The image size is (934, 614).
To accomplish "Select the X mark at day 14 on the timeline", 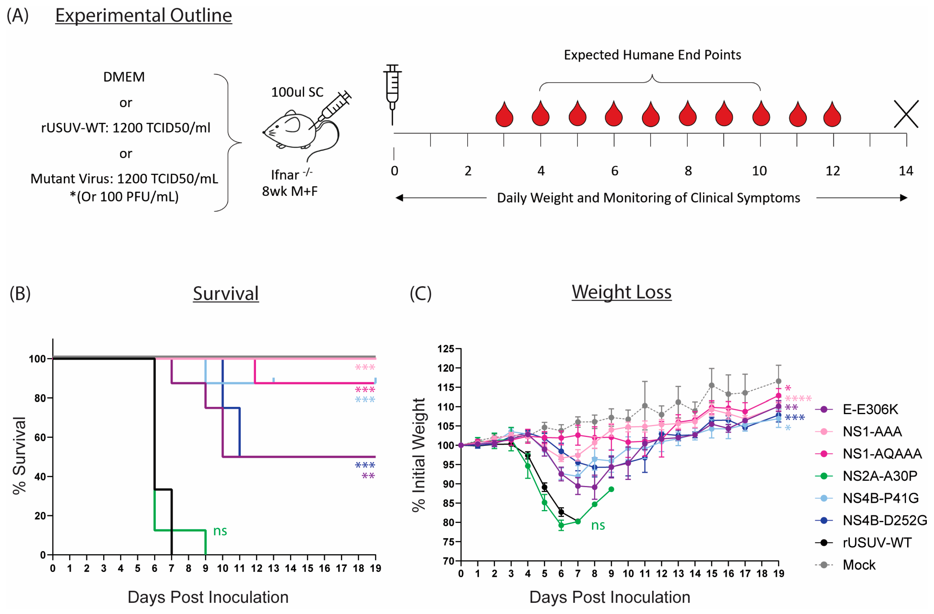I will pos(906,114).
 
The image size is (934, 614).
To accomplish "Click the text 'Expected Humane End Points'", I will pos(652,55).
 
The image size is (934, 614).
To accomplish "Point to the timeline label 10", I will pos(759,171).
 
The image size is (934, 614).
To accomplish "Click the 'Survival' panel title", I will pos(226,293).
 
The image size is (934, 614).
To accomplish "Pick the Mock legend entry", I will pos(859,565).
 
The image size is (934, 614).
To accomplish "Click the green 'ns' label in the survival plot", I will pos(220,531).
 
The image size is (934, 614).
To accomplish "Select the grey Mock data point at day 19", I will pos(779,381).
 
